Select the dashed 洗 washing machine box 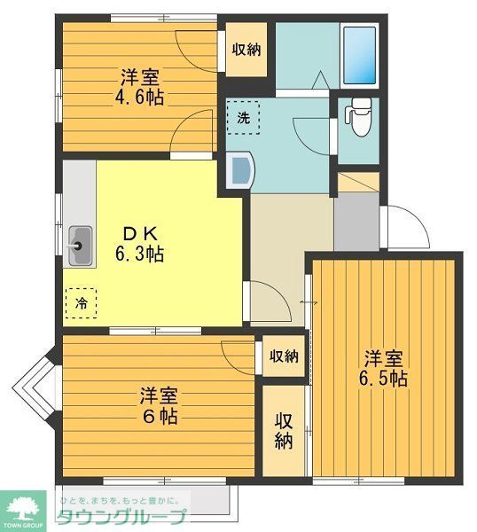[x=242, y=118]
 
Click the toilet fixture [x=358, y=119]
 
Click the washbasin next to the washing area [x=239, y=168]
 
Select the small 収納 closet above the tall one [x=283, y=356]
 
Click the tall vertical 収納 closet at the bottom [x=283, y=430]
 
